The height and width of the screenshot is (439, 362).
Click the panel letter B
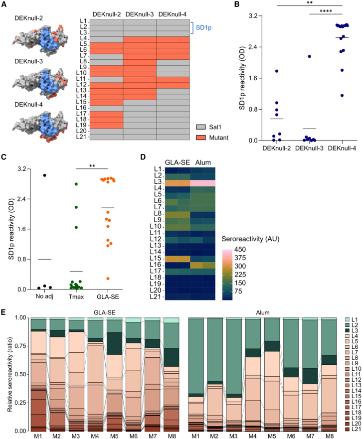[237, 4]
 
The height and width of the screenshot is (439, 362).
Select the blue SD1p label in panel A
[203, 28]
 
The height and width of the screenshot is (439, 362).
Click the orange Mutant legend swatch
[201, 138]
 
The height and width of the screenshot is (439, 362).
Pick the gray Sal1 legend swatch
[201, 127]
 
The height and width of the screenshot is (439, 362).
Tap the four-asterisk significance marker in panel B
[326, 11]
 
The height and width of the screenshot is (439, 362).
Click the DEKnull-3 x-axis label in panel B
[309, 148]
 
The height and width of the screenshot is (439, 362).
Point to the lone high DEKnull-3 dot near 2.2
[309, 56]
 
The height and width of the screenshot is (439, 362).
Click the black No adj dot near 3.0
[44, 175]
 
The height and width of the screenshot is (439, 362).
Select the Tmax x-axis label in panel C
[76, 297]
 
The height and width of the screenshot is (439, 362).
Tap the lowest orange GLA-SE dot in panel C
[108, 279]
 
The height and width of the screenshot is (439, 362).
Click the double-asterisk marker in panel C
[92, 166]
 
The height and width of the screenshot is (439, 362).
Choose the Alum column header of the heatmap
[203, 162]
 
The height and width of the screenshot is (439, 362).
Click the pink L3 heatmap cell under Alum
[203, 183]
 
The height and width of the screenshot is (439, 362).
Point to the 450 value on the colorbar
[240, 249]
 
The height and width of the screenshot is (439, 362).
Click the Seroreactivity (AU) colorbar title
[250, 239]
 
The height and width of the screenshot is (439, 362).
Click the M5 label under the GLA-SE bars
[114, 436]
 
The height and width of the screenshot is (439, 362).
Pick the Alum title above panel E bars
[263, 312]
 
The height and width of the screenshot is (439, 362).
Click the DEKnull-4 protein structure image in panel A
[40, 126]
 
